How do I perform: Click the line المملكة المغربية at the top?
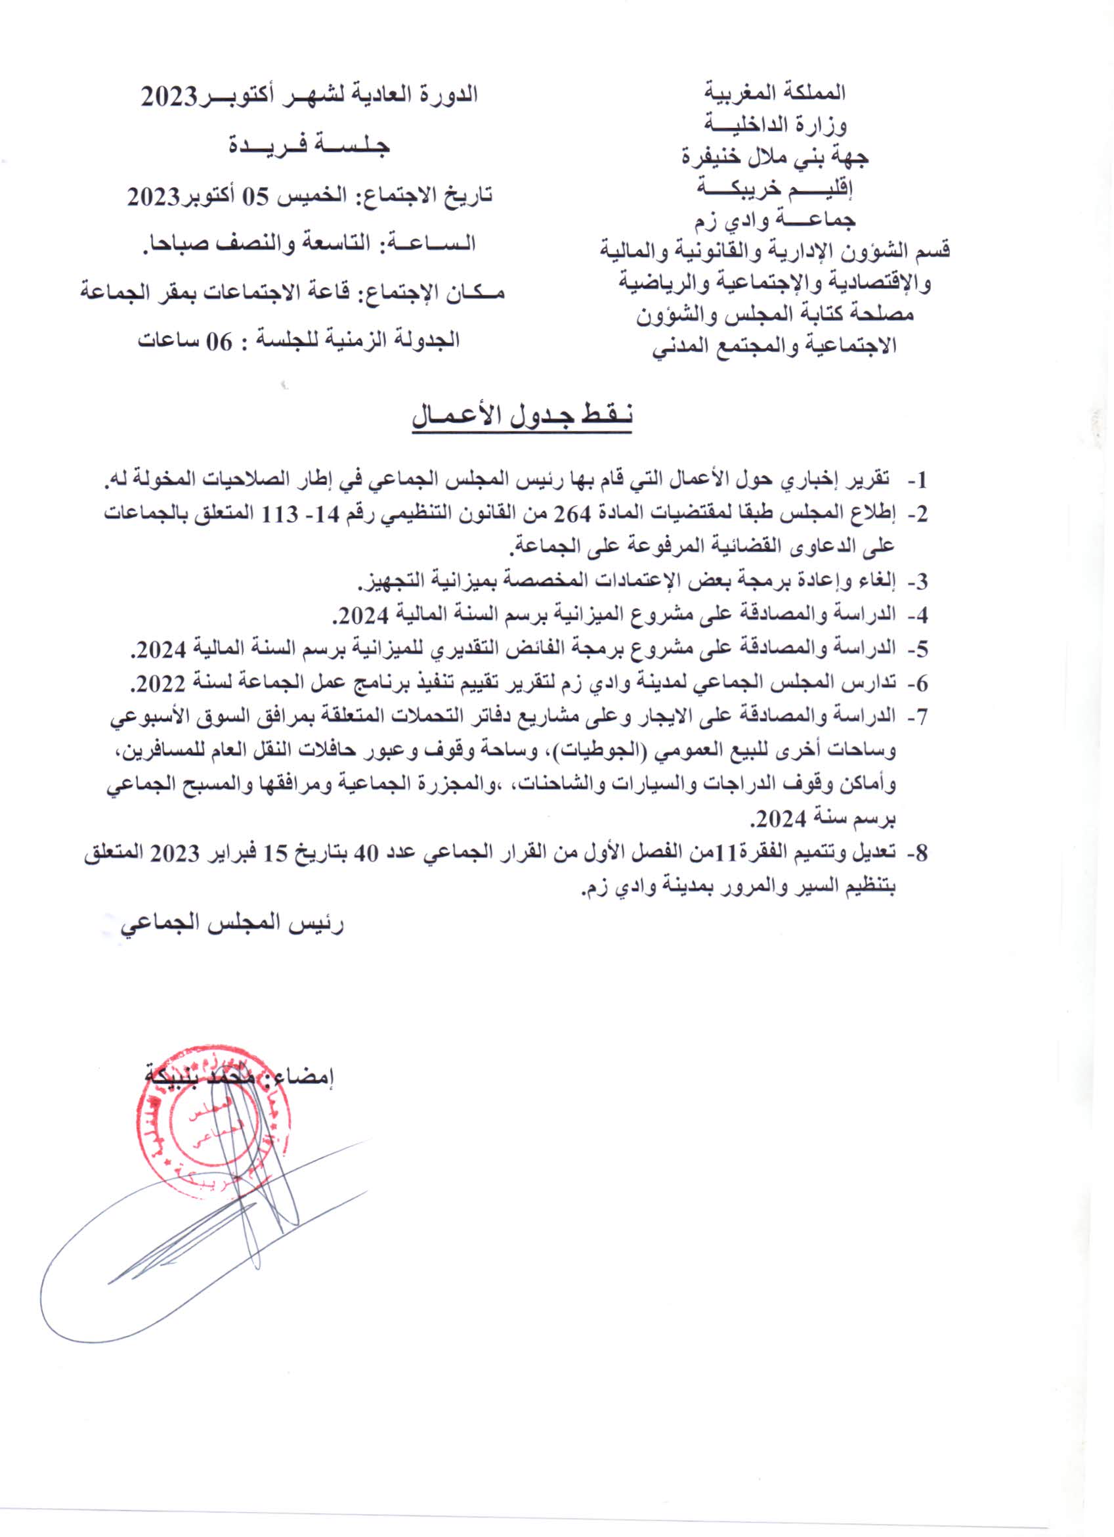point(775,91)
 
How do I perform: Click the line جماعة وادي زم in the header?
point(775,220)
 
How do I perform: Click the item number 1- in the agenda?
point(917,482)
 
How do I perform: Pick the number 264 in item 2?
point(572,514)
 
